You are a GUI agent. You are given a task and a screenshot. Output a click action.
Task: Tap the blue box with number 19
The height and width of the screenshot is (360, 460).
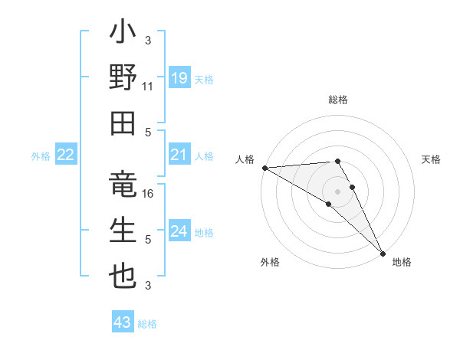pos(179,77)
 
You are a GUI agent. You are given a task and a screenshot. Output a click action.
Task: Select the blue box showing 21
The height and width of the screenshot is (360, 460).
pos(179,155)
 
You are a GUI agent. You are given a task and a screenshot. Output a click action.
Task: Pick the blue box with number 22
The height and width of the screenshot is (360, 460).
pos(65,155)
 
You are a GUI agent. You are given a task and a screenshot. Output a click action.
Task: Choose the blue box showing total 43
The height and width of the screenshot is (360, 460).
pos(122,322)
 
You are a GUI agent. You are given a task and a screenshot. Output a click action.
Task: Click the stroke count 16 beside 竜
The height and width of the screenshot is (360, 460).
pos(148,195)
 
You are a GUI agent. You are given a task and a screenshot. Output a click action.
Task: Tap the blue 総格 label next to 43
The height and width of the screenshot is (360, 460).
pos(147,324)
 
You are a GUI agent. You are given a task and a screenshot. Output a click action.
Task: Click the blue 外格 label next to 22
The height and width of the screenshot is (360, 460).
pos(41,156)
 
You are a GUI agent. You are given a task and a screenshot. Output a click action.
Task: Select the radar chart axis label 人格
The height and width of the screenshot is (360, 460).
pos(245,159)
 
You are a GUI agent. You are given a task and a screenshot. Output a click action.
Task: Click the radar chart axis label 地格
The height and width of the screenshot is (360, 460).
pos(402,262)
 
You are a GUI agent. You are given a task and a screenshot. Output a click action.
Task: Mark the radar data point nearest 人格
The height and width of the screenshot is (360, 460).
pos(264,168)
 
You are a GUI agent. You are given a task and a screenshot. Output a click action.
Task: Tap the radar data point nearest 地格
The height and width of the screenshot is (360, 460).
pos(383,254)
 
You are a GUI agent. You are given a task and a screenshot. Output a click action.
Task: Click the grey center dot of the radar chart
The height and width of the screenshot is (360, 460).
pos(337,191)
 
